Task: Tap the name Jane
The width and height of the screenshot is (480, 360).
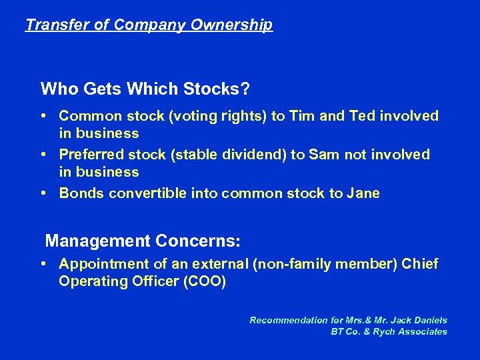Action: click(363, 193)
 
